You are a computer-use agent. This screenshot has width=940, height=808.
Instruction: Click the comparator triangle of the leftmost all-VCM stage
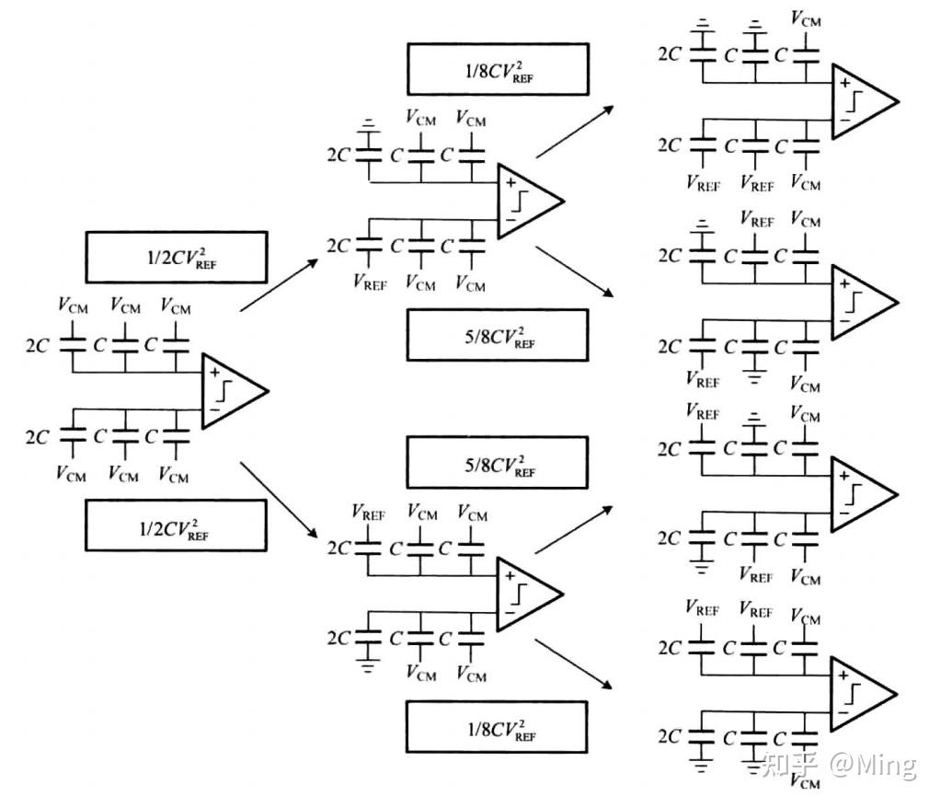click(x=230, y=390)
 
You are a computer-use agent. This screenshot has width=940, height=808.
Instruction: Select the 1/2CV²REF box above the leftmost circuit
click(x=176, y=257)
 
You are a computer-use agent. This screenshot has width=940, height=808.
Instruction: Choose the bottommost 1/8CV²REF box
click(x=497, y=727)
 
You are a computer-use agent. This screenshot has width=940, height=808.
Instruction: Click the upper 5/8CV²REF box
click(x=497, y=334)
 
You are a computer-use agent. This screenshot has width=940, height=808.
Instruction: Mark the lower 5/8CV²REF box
click(x=497, y=463)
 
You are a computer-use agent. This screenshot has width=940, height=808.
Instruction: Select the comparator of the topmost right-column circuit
click(x=860, y=101)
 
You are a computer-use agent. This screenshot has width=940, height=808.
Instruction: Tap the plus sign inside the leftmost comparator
click(x=214, y=373)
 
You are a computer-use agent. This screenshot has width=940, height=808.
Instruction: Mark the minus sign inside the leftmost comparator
click(x=214, y=409)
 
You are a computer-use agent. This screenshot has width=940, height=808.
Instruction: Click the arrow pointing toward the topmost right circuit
click(x=575, y=130)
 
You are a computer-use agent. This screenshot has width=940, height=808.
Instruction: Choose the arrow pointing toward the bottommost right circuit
click(x=575, y=664)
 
